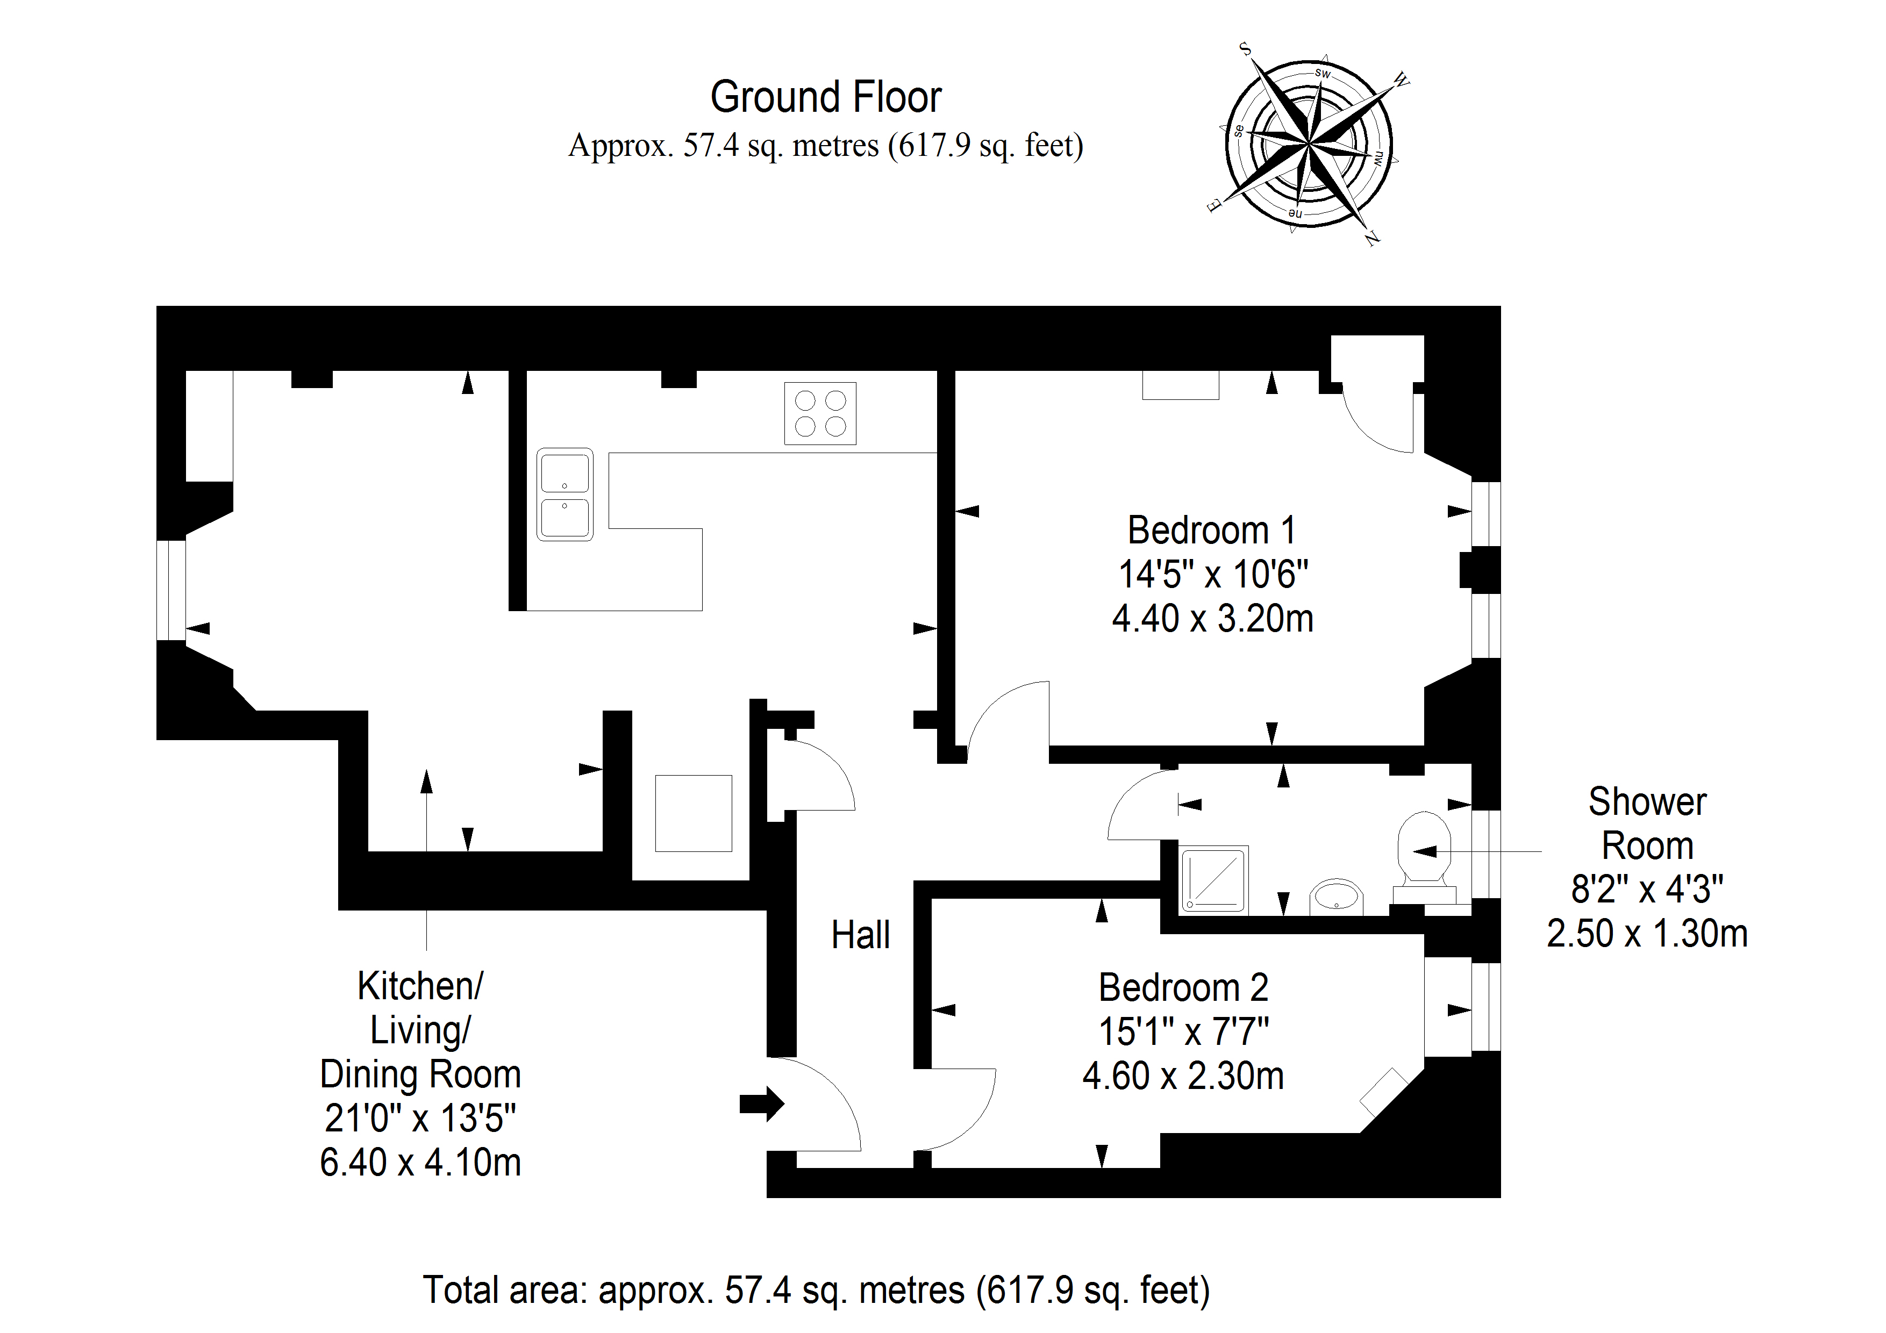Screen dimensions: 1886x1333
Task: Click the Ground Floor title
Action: click(x=826, y=97)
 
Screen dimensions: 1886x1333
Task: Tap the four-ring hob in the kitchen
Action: click(x=820, y=413)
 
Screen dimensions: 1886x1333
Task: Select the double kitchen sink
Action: click(x=565, y=494)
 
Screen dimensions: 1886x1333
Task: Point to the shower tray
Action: click(x=1214, y=880)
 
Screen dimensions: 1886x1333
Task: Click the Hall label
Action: click(x=860, y=935)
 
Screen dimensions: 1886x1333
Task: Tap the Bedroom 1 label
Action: click(x=1212, y=531)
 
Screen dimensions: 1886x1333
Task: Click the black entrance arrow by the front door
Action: click(x=761, y=1104)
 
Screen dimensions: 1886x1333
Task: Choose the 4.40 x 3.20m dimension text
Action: click(x=1212, y=619)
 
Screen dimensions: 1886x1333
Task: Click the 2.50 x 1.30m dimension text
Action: click(x=1647, y=934)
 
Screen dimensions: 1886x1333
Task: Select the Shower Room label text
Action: click(x=1647, y=824)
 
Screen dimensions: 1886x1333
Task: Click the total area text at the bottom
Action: click(x=817, y=1291)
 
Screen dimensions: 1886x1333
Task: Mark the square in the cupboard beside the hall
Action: click(x=694, y=813)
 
